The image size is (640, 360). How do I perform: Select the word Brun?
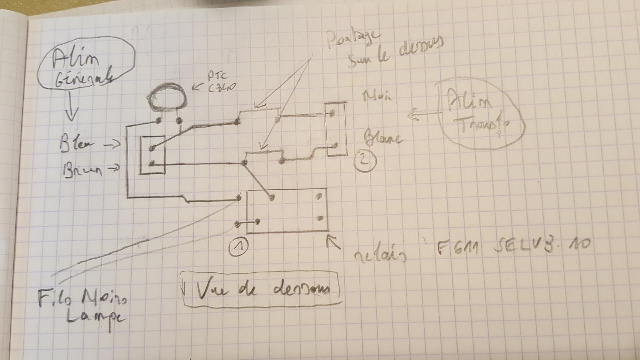tap(83, 171)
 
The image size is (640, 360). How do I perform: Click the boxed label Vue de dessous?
tap(260, 289)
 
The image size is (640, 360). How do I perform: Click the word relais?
tap(379, 255)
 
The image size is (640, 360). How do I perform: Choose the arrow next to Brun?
tap(113, 169)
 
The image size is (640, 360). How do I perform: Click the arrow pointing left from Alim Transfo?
tap(419, 116)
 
